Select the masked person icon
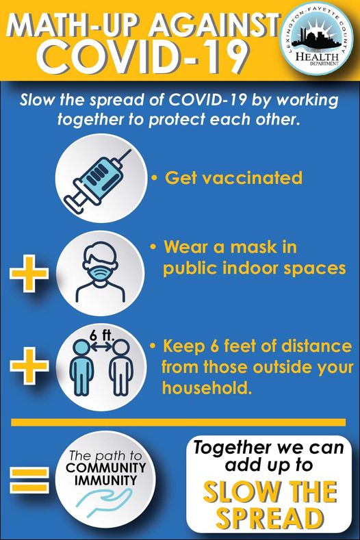(x=100, y=272)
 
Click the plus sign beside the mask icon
(x=29, y=273)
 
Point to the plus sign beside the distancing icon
(x=29, y=365)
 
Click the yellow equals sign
(x=29, y=479)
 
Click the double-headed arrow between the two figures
(x=101, y=348)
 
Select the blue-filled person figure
(x=81, y=367)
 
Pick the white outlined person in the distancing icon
(x=121, y=367)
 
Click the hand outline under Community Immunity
(x=104, y=502)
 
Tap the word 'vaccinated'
(x=252, y=178)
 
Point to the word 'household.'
(x=206, y=387)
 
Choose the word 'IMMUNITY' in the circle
(x=106, y=480)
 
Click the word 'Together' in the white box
(x=230, y=448)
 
